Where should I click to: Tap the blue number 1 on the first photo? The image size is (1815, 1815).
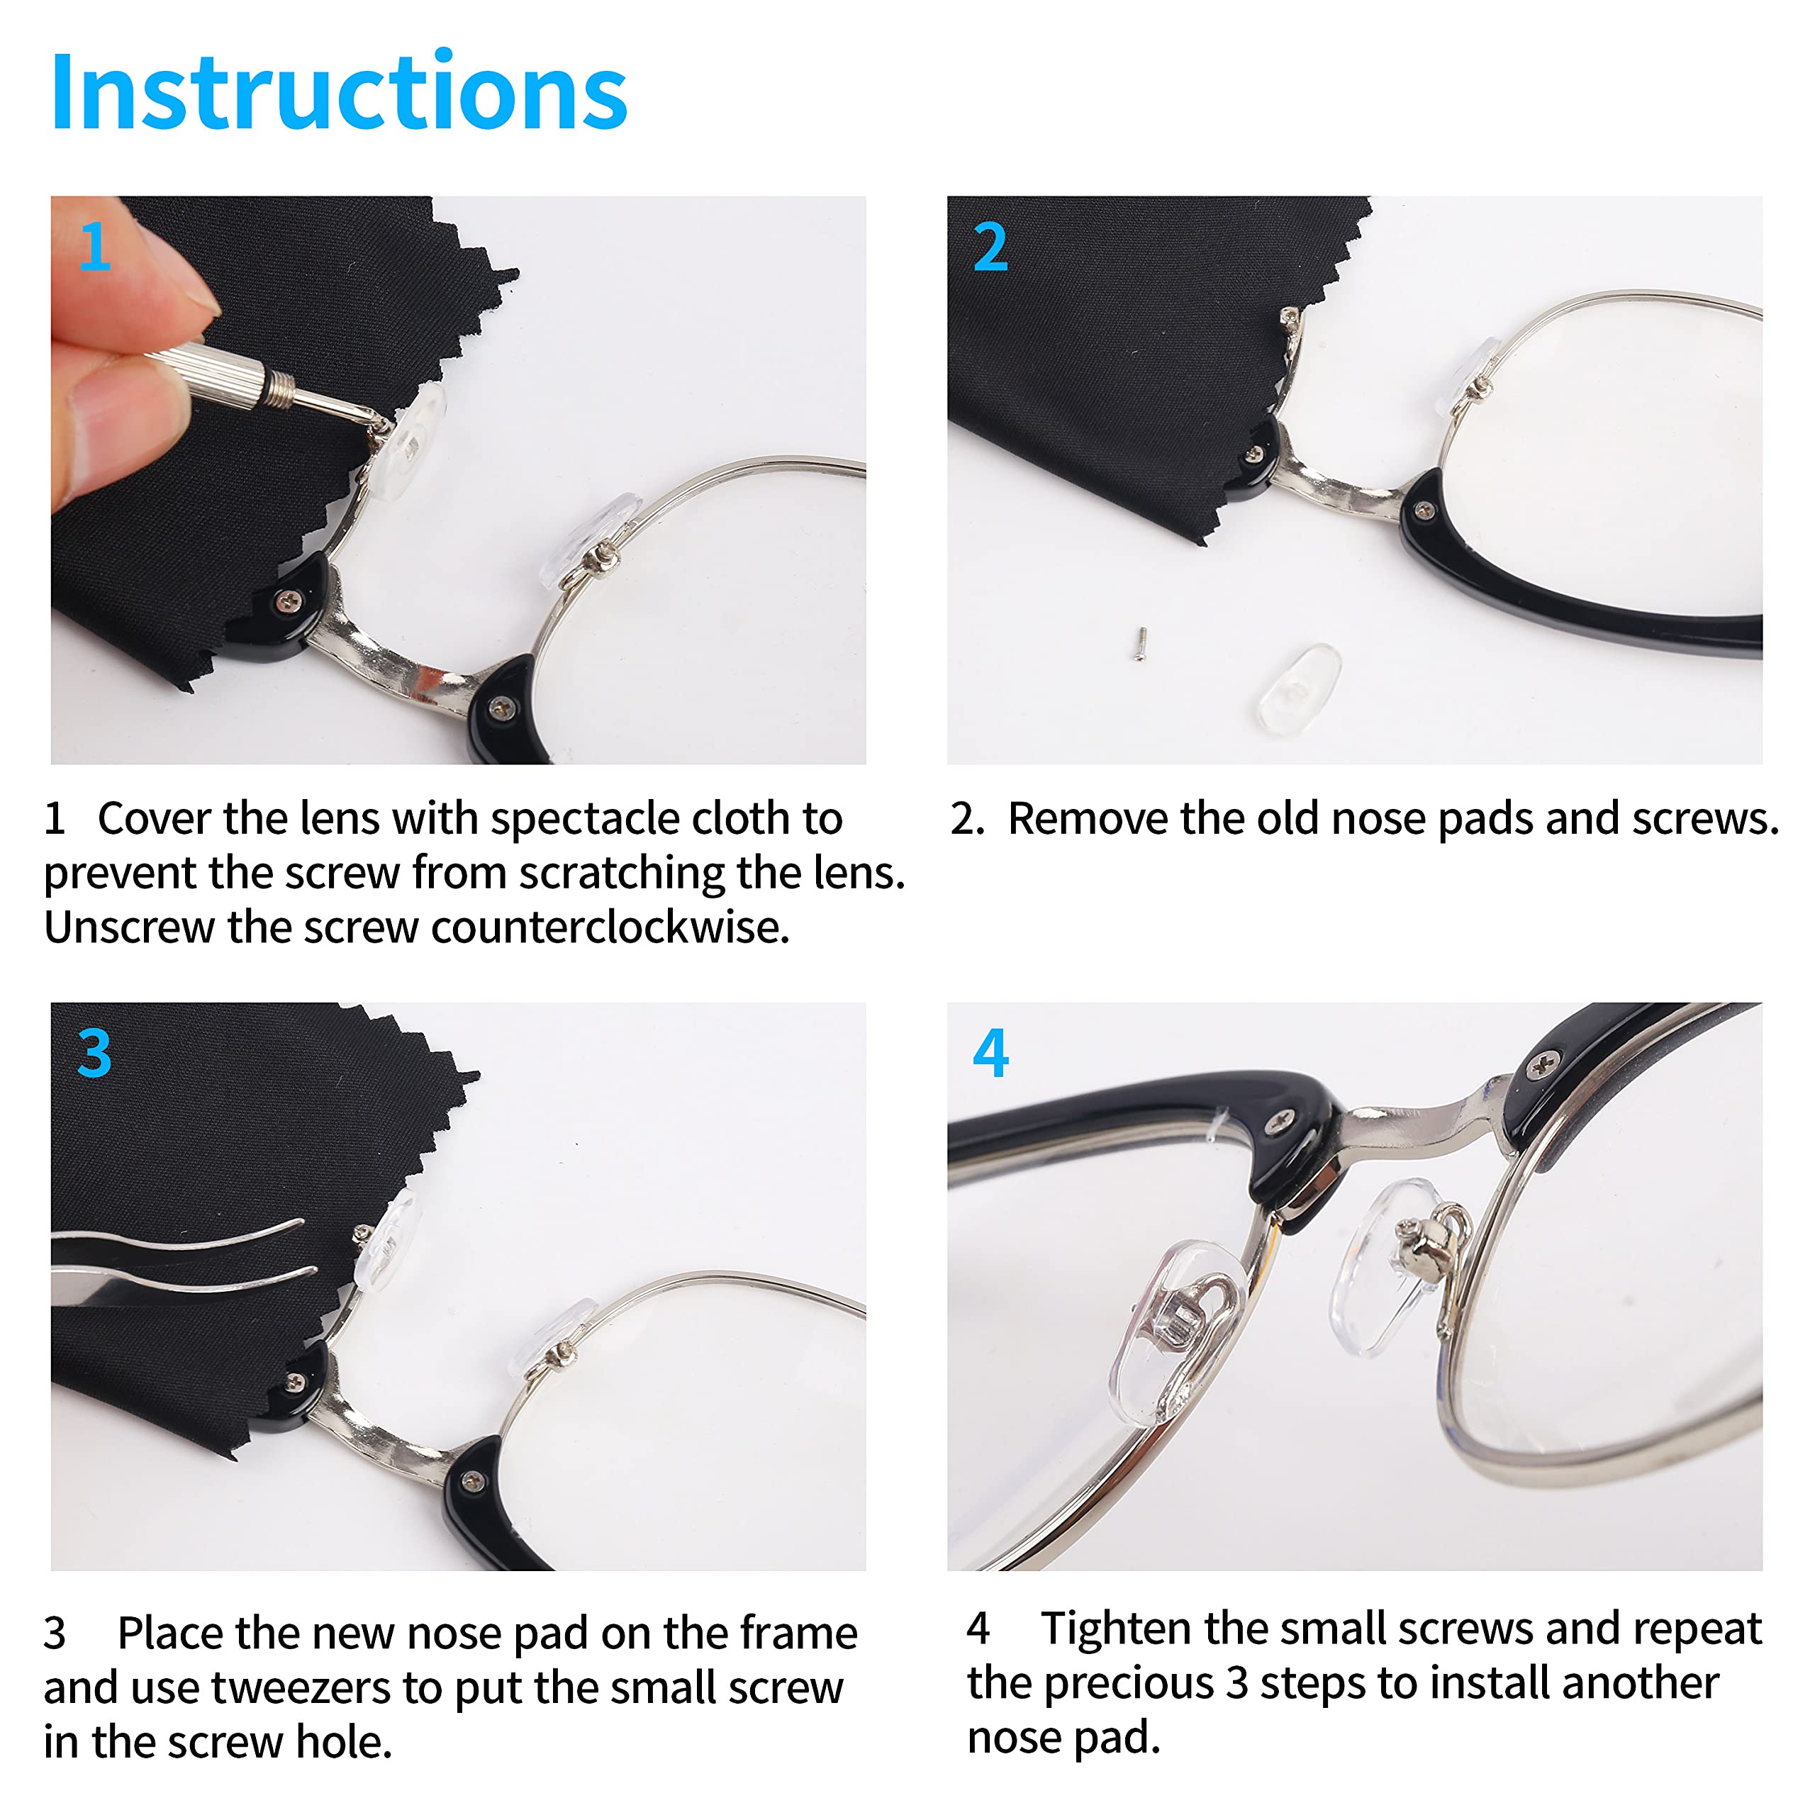coord(94,247)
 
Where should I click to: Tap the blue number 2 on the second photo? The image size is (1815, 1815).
coord(990,247)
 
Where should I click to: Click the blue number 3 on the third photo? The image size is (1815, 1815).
coord(94,1053)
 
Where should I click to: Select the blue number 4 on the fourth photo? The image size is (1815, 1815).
coord(990,1053)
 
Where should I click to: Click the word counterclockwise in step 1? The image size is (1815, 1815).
coord(610,928)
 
